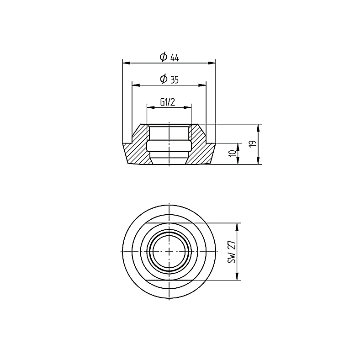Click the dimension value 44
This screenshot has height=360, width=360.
tap(175, 58)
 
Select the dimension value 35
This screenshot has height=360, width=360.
tap(175, 80)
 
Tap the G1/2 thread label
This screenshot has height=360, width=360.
tap(168, 102)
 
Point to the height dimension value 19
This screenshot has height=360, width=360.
tap(253, 144)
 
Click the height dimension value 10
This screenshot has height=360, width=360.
tap(233, 154)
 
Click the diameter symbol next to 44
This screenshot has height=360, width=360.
tap(163, 57)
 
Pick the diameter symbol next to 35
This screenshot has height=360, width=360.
tap(164, 79)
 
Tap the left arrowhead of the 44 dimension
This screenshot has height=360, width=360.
tap(127, 63)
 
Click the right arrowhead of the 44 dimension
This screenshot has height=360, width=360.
tap(212, 63)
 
